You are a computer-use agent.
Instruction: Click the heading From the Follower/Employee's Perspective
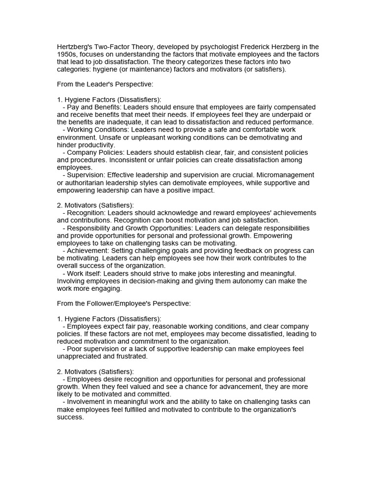pyautogui.click(x=124, y=304)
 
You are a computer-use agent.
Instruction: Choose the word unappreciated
pyautogui.click(x=80, y=357)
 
